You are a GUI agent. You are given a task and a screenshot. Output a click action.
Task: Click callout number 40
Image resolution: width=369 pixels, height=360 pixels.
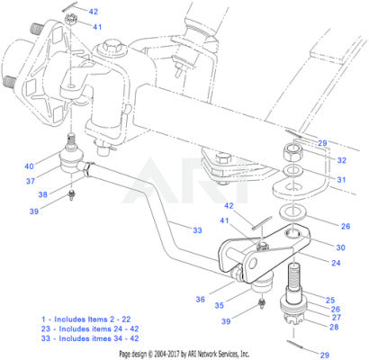pyautogui.click(x=29, y=166)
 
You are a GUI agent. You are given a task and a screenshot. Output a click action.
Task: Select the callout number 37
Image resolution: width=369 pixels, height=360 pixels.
pyautogui.click(x=31, y=181)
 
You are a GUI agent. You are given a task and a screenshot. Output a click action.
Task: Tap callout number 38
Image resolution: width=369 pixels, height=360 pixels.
pyautogui.click(x=43, y=194)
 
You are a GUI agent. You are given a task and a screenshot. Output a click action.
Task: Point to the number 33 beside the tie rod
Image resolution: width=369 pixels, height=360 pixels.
pyautogui.click(x=197, y=230)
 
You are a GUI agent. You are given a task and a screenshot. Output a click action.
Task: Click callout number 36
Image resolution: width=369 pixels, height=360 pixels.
pyautogui.click(x=201, y=299)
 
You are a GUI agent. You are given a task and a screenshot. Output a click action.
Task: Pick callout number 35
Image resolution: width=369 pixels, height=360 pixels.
pyautogui.click(x=220, y=305)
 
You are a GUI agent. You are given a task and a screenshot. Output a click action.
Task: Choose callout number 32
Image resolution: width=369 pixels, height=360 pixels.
pyautogui.click(x=342, y=160)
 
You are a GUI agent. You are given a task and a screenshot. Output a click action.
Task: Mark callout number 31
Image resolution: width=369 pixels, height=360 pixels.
pyautogui.click(x=341, y=180)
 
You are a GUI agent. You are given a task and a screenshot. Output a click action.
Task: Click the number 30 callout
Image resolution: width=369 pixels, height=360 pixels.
pyautogui.click(x=340, y=247)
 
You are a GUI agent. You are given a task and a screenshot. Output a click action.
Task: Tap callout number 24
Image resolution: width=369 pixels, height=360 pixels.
pyautogui.click(x=336, y=263)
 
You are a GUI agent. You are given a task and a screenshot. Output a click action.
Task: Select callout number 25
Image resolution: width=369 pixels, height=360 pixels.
pyautogui.click(x=330, y=300)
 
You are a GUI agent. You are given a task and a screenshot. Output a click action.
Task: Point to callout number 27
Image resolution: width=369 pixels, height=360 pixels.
pyautogui.click(x=337, y=317)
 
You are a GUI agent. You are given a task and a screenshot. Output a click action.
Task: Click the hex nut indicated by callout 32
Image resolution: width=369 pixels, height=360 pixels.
pyautogui.click(x=293, y=152)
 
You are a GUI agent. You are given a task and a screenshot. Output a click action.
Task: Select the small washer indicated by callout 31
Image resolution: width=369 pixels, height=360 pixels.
pyautogui.click(x=293, y=172)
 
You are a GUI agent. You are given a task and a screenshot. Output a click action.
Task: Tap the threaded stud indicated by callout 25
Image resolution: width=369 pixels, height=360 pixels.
pyautogui.click(x=295, y=282)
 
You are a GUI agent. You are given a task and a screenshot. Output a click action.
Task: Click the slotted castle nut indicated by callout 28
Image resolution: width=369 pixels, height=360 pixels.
pyautogui.click(x=293, y=319)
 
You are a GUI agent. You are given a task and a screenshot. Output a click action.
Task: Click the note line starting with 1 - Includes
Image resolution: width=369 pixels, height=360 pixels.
pyautogui.click(x=86, y=319)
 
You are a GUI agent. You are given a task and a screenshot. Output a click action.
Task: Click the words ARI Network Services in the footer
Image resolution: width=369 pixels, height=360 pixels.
pyautogui.click(x=212, y=354)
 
